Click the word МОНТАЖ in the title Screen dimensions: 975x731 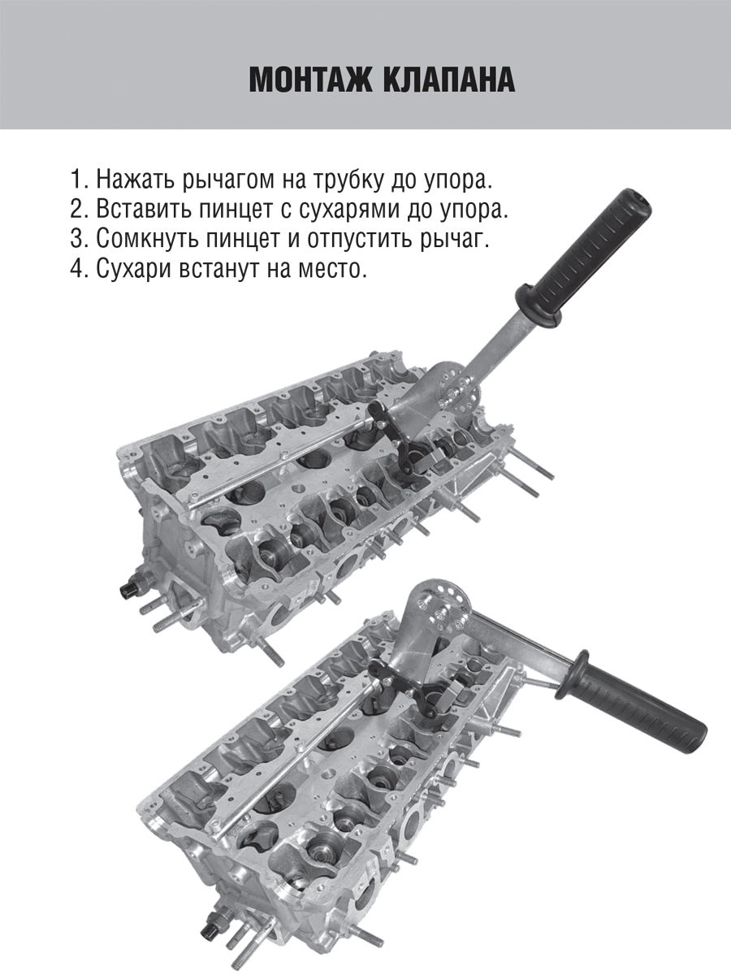pos(308,82)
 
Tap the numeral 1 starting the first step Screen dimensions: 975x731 pos(76,179)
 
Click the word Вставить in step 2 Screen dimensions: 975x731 pos(143,209)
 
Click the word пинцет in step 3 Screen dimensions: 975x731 pos(243,239)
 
